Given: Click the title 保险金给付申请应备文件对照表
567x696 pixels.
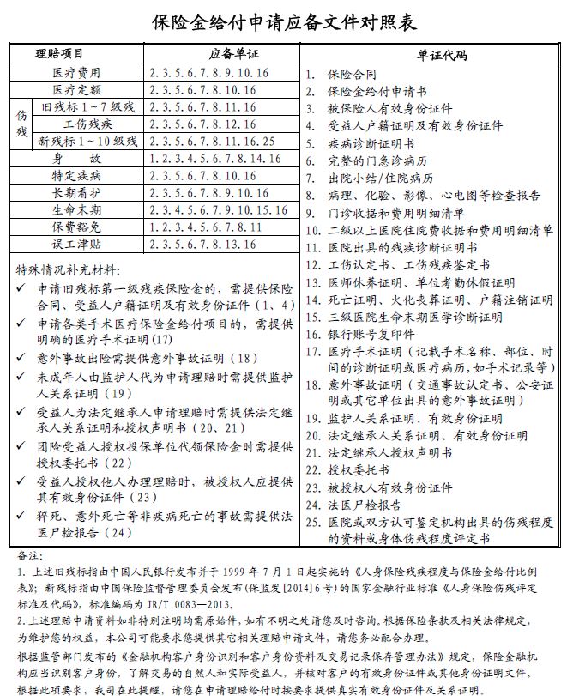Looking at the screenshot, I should [283, 20].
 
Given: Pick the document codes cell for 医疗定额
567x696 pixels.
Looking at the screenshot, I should [202, 90].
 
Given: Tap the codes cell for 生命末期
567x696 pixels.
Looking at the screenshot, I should [218, 210].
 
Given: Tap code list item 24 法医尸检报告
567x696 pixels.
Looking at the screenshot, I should [365, 505].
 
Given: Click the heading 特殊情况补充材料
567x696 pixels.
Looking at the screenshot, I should [69, 269].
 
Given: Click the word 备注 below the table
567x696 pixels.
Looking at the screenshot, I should [28, 555].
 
